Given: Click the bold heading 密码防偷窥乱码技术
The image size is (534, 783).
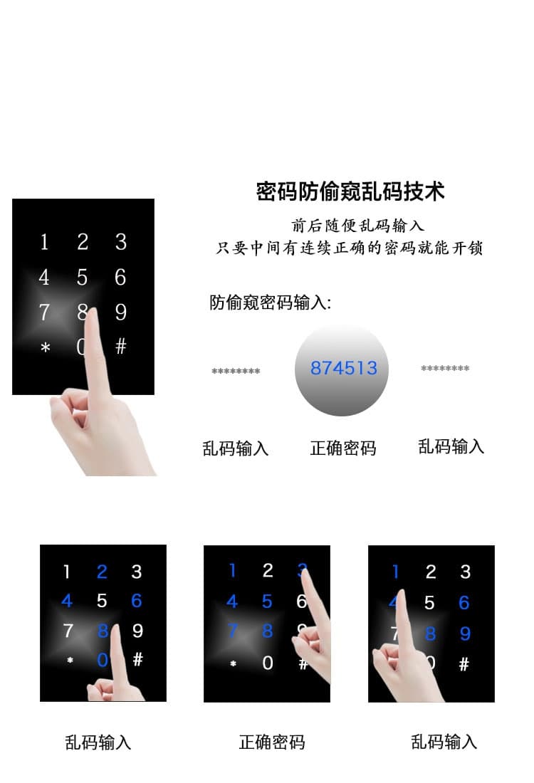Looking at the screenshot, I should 350,191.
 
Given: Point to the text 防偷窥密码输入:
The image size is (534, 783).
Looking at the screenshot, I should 271,303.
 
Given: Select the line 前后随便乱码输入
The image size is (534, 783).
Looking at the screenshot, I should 358,226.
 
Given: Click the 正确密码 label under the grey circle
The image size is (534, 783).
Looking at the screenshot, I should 342,448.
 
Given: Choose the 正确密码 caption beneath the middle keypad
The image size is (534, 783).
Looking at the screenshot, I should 271,742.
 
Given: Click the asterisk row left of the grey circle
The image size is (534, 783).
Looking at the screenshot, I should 236,371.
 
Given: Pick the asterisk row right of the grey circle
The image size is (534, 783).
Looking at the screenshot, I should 445,368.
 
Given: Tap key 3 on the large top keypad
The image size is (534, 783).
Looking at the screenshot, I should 121,242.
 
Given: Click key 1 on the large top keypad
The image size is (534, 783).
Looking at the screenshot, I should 44,243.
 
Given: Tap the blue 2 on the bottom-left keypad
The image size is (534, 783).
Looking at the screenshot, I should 102,572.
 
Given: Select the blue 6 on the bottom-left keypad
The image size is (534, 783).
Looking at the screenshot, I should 137,601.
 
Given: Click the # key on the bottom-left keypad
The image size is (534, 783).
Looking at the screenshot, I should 137,660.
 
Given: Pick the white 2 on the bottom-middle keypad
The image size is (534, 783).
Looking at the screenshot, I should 268,570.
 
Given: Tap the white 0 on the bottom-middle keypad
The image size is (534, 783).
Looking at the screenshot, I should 268,663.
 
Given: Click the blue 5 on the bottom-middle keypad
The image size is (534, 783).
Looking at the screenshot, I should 267,601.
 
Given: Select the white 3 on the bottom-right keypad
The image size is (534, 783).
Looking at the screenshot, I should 465,572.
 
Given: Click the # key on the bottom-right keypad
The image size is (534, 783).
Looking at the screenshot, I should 464,664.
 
